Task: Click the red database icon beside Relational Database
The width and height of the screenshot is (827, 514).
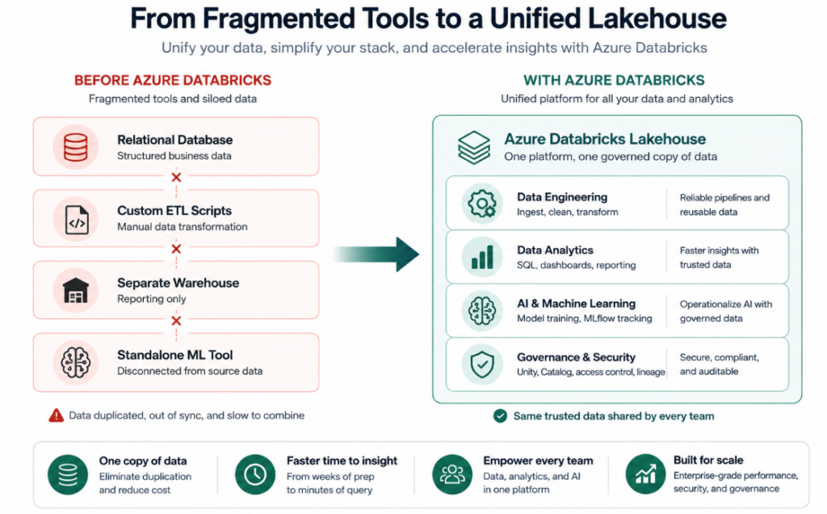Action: coord(75,147)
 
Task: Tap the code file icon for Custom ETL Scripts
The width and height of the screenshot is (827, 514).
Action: coord(77,220)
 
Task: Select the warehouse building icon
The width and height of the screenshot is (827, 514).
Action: coord(75,290)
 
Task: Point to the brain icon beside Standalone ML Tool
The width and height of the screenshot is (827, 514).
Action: coord(75,362)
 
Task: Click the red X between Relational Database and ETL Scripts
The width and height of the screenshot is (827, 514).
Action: coord(176,177)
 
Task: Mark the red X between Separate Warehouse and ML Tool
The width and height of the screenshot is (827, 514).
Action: coord(176,321)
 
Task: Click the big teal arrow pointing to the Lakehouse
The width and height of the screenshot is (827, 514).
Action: coord(376,255)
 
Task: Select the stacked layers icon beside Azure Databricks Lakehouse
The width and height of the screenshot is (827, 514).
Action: coord(473,148)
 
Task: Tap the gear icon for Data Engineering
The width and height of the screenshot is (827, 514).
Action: coord(482,204)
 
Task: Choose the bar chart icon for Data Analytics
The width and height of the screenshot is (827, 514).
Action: coord(482,258)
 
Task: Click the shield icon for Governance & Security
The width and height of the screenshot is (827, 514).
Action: coord(482,364)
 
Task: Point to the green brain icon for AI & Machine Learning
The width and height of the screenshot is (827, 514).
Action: coord(482,310)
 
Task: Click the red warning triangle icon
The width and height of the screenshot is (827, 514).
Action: coord(56,416)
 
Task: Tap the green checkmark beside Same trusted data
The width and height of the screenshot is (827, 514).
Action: coord(500,416)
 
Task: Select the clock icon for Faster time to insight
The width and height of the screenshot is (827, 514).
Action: coord(255,474)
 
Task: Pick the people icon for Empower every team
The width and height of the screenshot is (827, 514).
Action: coord(452,474)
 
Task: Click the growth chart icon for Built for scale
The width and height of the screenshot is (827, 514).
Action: coord(645,474)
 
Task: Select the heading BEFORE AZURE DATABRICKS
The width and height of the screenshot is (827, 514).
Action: coord(173,80)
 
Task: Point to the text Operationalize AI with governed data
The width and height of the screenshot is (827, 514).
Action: coord(726,311)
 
